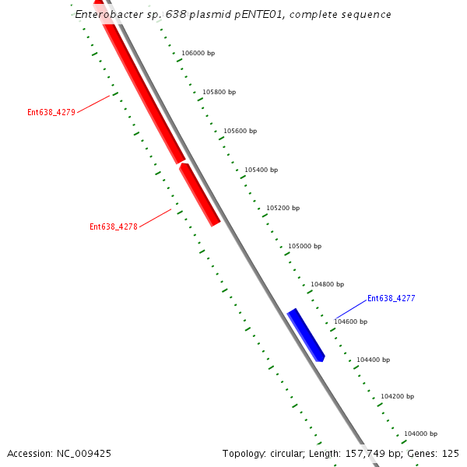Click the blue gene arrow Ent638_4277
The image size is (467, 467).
(x=306, y=335)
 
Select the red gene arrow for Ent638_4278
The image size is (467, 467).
(x=200, y=195)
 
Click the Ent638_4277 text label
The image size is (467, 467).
(x=391, y=298)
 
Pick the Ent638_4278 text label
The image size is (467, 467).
(x=114, y=227)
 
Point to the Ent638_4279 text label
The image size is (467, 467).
(x=51, y=112)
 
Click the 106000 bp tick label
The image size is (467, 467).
(x=198, y=53)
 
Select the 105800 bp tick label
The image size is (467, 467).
(x=219, y=92)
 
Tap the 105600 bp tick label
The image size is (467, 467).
(x=240, y=131)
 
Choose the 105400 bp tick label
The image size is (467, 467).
(x=261, y=170)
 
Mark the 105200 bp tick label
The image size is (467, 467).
(x=283, y=208)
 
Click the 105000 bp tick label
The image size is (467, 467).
(x=304, y=246)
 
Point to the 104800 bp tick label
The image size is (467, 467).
(x=327, y=284)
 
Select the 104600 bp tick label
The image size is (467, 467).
(x=350, y=321)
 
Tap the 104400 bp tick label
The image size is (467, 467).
(x=373, y=360)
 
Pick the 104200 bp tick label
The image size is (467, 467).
(x=397, y=396)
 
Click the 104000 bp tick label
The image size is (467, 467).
(x=420, y=434)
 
